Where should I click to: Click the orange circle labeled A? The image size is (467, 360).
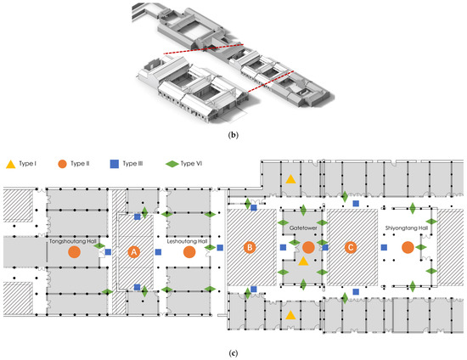click(x=134, y=252)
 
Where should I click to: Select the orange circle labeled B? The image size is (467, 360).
click(x=250, y=247)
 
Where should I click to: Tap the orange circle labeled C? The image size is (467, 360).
click(x=351, y=247)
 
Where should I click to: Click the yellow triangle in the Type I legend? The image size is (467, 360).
click(x=11, y=164)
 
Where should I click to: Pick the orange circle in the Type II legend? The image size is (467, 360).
click(x=62, y=164)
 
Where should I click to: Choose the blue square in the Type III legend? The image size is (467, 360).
click(x=115, y=164)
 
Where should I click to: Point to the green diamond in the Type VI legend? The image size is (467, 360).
click(x=172, y=164)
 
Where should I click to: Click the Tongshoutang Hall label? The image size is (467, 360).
click(x=73, y=241)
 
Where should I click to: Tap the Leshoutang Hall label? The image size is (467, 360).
click(x=187, y=241)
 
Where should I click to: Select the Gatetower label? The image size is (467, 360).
click(x=303, y=228)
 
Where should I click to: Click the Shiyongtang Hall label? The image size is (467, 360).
click(x=407, y=228)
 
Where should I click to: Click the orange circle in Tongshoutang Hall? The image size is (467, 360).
click(x=74, y=252)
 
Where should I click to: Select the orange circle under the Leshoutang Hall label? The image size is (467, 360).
click(x=189, y=252)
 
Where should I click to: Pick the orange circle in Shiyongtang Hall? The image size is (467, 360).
click(x=408, y=247)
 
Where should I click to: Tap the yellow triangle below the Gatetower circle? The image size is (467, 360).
click(x=303, y=262)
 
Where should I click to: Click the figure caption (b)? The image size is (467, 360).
click(x=233, y=135)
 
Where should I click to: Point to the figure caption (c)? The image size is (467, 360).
click(x=233, y=353)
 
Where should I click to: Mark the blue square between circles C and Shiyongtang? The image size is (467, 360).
click(x=384, y=247)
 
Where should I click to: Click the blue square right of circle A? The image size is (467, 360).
click(x=159, y=252)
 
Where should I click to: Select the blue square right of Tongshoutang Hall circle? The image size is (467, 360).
click(x=108, y=252)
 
